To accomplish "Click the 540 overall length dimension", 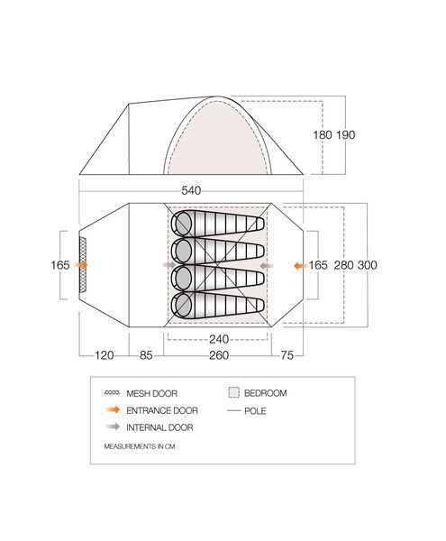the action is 191,190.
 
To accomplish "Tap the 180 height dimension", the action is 323,135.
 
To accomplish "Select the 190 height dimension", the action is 346,135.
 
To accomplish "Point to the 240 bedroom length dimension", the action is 219,339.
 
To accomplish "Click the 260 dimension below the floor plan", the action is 219,355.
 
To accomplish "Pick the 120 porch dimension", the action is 105,355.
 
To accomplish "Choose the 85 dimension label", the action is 146,355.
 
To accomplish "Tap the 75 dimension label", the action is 287,355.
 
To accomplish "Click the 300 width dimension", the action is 367,265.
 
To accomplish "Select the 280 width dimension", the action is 343,265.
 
